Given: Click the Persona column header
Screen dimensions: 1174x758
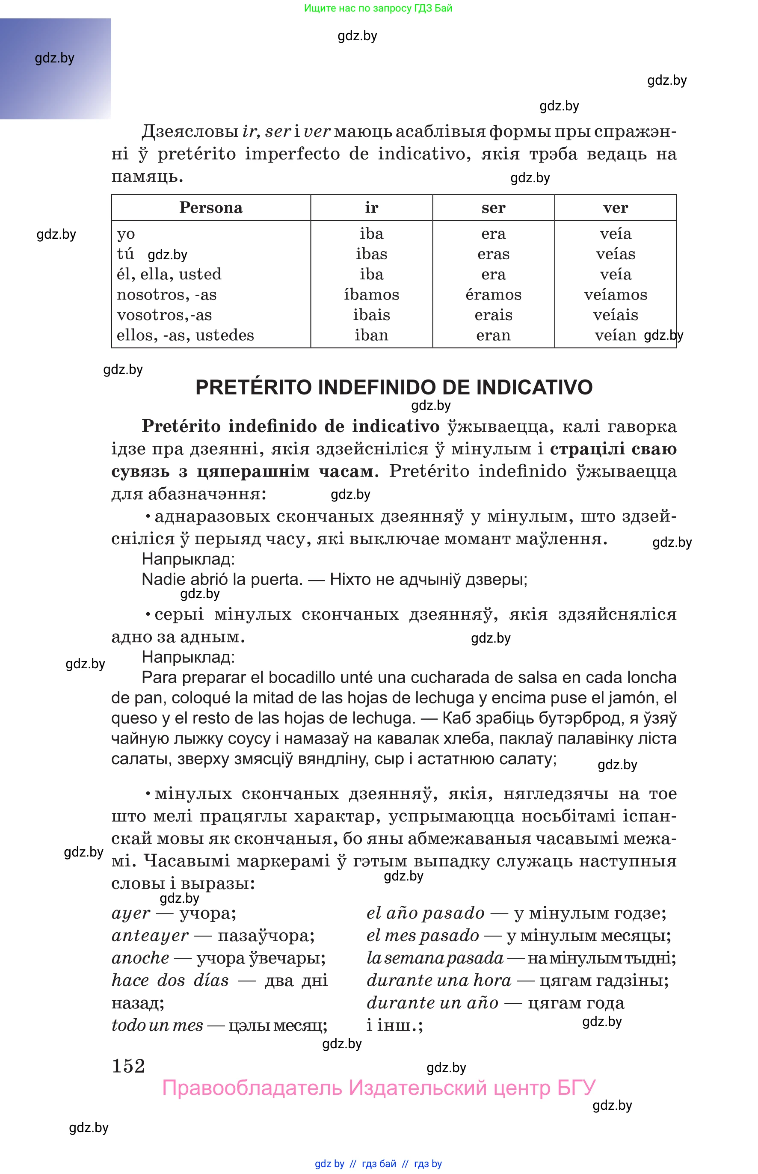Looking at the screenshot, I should [x=210, y=208].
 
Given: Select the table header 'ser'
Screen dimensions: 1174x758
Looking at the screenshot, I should [x=493, y=208].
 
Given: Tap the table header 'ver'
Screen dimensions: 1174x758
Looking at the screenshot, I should [x=615, y=208].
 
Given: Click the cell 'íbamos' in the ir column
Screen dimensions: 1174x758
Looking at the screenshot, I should [x=371, y=295].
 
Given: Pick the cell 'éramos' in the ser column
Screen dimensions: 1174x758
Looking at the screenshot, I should [x=493, y=295].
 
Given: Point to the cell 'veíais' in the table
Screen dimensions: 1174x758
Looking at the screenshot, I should [x=615, y=315].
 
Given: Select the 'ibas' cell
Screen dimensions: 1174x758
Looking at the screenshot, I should [x=371, y=254].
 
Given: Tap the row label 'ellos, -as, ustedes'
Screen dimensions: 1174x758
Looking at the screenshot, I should [x=185, y=335].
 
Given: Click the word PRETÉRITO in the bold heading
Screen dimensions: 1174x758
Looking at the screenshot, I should [x=254, y=387].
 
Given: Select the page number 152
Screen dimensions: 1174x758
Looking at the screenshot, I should [x=128, y=1066].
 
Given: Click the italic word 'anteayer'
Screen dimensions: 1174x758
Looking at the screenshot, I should [x=150, y=935].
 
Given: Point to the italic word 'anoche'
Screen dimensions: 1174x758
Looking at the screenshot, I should [x=140, y=958].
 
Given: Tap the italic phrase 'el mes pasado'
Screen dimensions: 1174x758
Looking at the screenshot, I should [x=423, y=935].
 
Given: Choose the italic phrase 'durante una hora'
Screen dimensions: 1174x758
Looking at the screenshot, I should [x=439, y=980].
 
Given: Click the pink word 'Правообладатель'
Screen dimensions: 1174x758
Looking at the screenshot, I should [x=252, y=1088].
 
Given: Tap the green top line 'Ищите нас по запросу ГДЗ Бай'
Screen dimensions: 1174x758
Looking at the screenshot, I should [x=378, y=9].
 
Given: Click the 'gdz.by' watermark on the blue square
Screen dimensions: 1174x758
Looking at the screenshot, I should [x=55, y=58].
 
